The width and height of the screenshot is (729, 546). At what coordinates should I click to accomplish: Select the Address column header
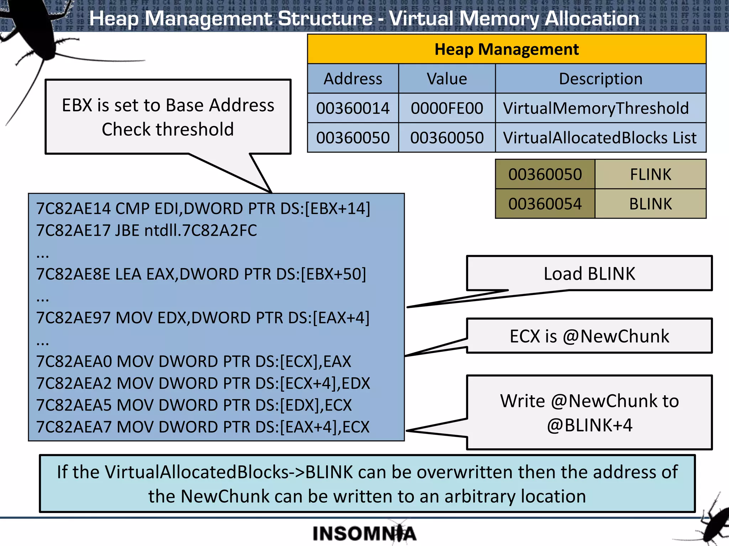tap(353, 79)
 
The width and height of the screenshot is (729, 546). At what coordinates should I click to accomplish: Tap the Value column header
tap(447, 79)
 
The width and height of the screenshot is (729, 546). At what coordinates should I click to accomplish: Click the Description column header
tap(600, 79)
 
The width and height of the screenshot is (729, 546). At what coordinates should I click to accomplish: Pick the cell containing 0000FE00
tap(447, 108)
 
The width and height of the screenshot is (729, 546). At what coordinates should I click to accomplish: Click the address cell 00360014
tap(353, 108)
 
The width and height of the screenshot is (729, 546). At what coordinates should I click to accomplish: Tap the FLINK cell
tap(650, 175)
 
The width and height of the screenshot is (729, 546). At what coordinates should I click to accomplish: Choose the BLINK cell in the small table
tap(650, 204)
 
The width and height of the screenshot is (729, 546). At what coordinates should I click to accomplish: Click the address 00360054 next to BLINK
tap(545, 204)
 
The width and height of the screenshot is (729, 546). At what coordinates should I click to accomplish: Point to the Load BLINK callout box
tap(589, 274)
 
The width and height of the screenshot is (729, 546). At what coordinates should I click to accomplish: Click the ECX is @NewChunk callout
tap(589, 336)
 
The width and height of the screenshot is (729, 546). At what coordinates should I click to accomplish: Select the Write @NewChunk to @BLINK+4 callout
tap(589, 413)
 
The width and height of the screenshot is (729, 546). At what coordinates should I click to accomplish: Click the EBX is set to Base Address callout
tap(168, 117)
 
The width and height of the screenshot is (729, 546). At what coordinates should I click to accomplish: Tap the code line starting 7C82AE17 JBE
tap(146, 230)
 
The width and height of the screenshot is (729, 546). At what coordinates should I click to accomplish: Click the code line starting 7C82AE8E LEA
tap(201, 274)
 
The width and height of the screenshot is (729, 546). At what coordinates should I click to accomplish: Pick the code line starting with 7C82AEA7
tap(203, 427)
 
